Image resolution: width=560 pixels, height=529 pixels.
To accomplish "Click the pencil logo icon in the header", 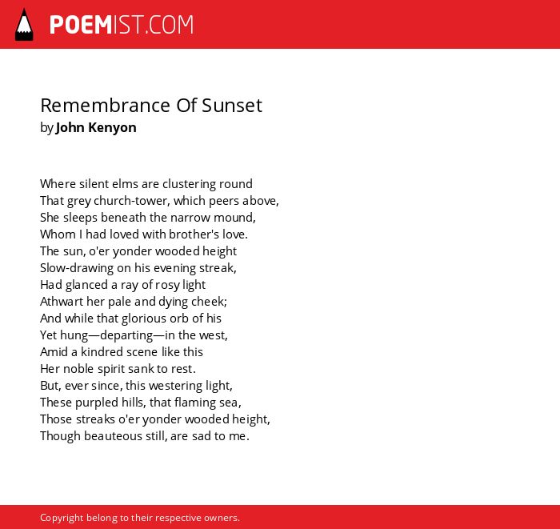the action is coord(24,24).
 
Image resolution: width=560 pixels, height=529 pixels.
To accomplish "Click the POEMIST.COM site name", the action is coord(122,25).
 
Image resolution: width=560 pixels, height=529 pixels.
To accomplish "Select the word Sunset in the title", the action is coord(232,106).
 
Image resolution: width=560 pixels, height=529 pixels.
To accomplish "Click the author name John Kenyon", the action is coord(96,127).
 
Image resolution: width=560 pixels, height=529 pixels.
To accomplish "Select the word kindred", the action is coord(101,352).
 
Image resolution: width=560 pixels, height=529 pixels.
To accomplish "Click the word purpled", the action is coord(97,403).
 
